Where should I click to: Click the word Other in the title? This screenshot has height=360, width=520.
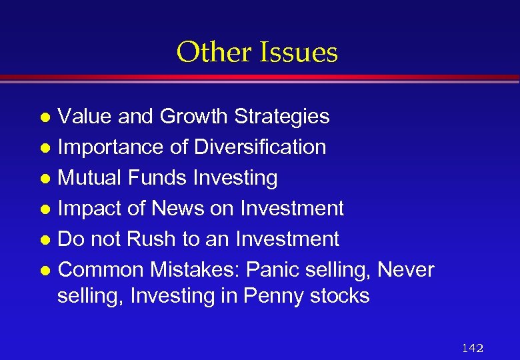click(x=207, y=52)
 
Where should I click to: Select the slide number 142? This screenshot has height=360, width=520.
click(x=472, y=348)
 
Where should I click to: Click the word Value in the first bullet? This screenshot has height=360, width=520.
click(x=85, y=116)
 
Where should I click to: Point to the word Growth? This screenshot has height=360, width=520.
click(x=193, y=116)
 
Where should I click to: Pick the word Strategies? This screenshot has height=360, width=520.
click(x=281, y=117)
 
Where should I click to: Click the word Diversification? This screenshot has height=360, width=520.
click(x=260, y=147)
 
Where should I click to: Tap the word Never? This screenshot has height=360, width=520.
click(x=405, y=270)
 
